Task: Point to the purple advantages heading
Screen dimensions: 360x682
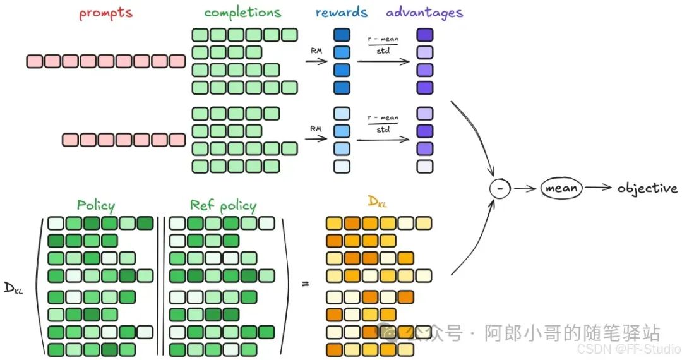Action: click(x=424, y=13)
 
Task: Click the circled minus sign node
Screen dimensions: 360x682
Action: click(x=500, y=188)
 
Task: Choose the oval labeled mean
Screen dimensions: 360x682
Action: click(x=562, y=188)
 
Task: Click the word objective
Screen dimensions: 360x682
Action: click(x=647, y=188)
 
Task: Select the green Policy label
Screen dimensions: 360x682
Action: click(x=96, y=205)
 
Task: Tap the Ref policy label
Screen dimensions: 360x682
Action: click(x=223, y=205)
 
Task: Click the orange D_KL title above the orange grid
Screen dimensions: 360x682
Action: click(x=377, y=202)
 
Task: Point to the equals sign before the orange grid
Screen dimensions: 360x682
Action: click(x=306, y=284)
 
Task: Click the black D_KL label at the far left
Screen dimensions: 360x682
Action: click(x=13, y=289)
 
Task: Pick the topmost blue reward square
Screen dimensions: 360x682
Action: click(x=342, y=35)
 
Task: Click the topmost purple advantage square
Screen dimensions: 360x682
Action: click(x=425, y=35)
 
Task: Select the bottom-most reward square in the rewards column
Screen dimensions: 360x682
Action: click(x=342, y=166)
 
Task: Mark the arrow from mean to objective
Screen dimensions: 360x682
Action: click(x=599, y=188)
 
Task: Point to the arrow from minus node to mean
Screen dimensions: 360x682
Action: click(x=525, y=188)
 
